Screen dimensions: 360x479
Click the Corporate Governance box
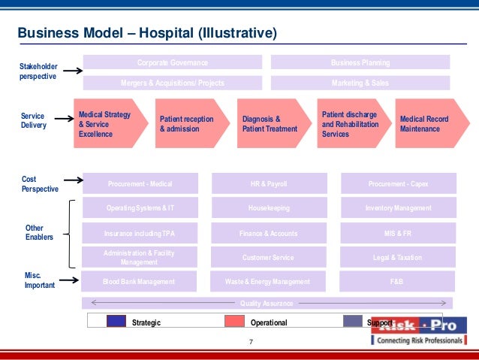(172, 62)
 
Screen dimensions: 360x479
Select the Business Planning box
(360, 62)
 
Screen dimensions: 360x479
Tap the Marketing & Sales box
(360, 83)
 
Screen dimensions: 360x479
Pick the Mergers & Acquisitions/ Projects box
(172, 83)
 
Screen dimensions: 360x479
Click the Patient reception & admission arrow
(188, 123)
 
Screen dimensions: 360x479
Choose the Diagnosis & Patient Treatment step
(271, 123)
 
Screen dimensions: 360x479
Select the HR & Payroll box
(269, 183)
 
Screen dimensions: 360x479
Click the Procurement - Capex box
(398, 183)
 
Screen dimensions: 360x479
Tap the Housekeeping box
(269, 207)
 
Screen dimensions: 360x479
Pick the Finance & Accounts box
(269, 233)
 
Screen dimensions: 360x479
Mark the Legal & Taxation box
(398, 257)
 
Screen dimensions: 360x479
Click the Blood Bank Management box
(139, 282)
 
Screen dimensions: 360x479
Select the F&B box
(398, 282)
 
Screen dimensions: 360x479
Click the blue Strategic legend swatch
(116, 322)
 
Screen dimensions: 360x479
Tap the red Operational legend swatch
(236, 322)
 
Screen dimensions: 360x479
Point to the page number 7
(251, 343)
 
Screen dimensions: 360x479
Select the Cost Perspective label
(39, 184)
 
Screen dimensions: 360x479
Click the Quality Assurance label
(267, 303)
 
